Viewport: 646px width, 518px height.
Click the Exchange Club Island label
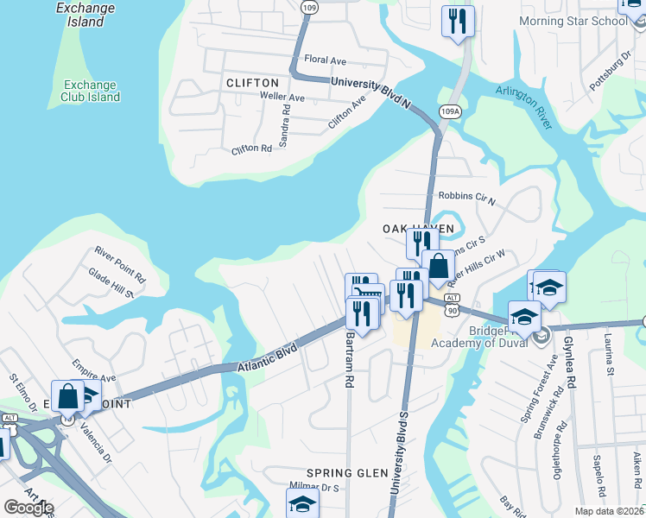point(91,91)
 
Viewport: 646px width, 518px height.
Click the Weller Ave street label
point(283,98)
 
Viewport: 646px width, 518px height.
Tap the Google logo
point(28,508)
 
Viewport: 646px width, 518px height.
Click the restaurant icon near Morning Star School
point(457,22)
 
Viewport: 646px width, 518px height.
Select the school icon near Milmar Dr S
point(302,503)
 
